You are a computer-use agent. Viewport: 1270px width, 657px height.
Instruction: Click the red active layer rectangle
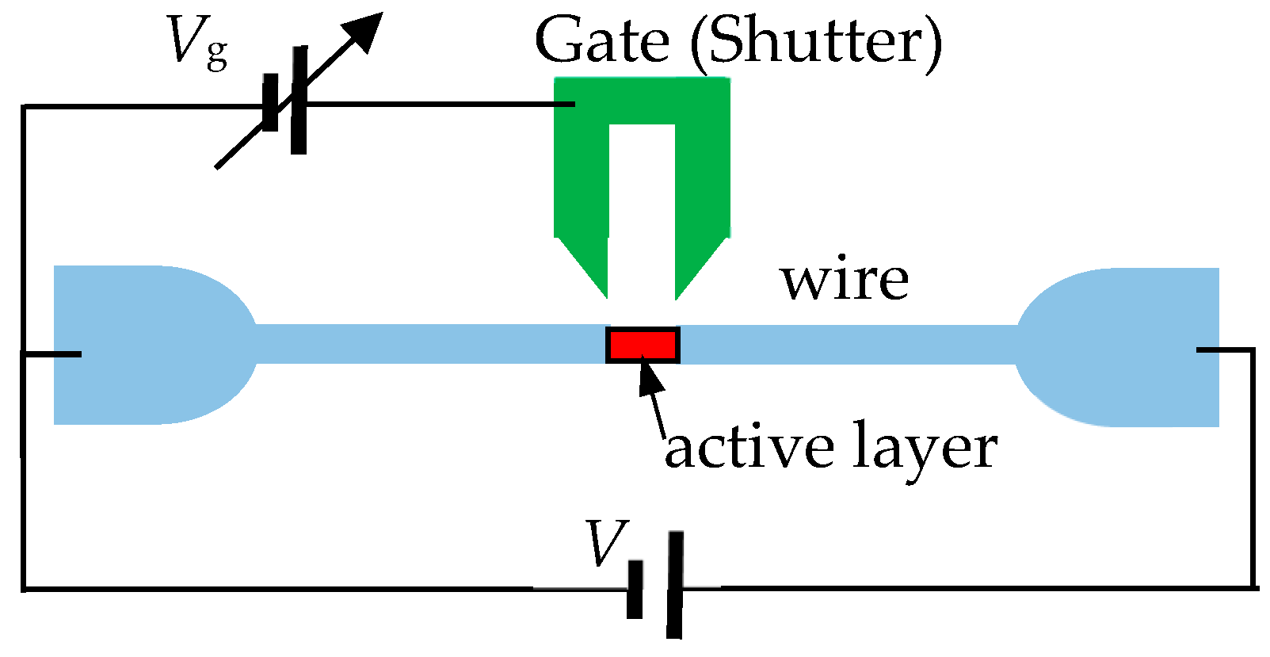(643, 346)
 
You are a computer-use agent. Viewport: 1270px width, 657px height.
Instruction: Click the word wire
(845, 281)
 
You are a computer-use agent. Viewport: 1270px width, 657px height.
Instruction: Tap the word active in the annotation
(749, 449)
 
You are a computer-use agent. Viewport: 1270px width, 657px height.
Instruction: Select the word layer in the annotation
(925, 450)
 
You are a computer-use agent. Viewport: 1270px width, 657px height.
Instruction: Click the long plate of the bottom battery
(675, 585)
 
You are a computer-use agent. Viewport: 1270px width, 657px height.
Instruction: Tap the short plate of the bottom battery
(635, 590)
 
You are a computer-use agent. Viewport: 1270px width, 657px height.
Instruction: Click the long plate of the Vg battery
(299, 100)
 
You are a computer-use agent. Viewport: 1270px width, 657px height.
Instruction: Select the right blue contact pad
(1133, 347)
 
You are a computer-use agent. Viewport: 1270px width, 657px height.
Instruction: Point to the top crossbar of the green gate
(642, 100)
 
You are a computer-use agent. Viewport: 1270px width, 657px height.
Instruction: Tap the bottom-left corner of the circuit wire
(25, 588)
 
